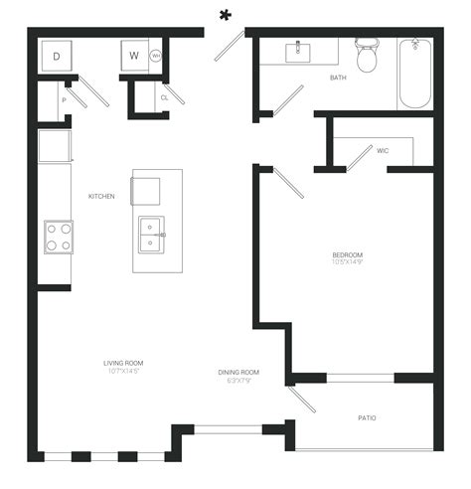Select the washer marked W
coord(134,57)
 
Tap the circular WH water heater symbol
coord(156,57)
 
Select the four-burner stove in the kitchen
coord(57,236)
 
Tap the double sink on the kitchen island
coord(151,235)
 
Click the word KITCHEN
coord(101,197)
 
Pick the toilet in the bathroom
coord(369,56)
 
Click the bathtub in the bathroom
coord(414,75)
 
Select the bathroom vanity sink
coord(299,52)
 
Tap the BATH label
coord(338,77)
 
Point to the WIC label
coord(383,151)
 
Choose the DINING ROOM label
coord(238,373)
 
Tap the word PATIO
coord(367,417)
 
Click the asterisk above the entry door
coord(226,15)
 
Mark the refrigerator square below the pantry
coord(55,146)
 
